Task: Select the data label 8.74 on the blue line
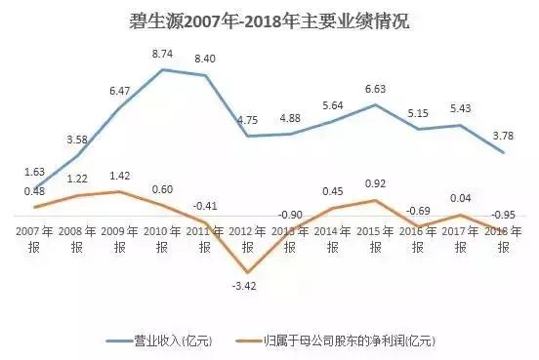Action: tap(164, 56)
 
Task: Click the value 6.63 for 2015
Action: tap(376, 90)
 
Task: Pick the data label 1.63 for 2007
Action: tap(36, 172)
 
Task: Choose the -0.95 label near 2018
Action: tap(502, 214)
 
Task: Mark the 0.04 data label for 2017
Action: tap(461, 198)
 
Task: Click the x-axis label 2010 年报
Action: tap(163, 238)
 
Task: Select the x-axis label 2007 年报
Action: tap(36, 238)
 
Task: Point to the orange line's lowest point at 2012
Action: tap(248, 272)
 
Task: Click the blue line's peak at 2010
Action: tap(163, 69)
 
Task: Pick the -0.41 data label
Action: tap(206, 206)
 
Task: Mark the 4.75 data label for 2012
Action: tap(248, 121)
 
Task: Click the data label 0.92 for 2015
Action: tap(376, 182)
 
